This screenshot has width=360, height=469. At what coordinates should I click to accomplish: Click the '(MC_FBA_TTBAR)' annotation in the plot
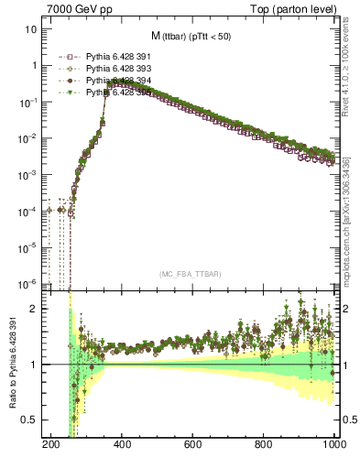(191, 274)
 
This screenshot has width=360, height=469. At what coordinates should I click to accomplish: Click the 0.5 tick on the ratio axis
(32, 420)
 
